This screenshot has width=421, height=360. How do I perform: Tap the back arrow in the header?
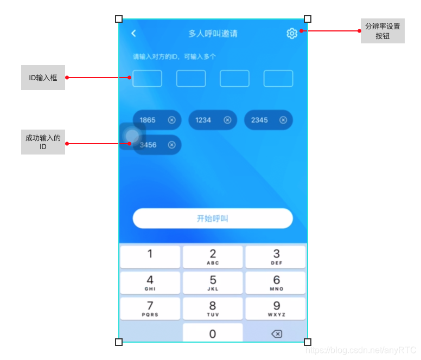[x=133, y=33]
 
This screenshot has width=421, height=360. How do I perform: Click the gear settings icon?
[x=292, y=33]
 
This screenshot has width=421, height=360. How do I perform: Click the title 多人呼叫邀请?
[x=213, y=34]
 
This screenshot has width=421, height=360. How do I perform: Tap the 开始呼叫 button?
[x=213, y=218]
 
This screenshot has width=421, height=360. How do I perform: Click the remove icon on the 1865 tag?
[x=172, y=120]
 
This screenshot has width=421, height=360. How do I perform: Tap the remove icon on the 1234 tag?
[x=227, y=120]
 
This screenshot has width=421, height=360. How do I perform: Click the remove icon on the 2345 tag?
[x=283, y=120]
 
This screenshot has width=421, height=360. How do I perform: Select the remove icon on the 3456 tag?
[x=172, y=145]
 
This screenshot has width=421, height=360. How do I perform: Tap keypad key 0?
[x=213, y=333]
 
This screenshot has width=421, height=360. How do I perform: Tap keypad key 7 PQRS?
[x=150, y=308]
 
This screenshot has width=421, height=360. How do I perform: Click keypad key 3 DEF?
[x=276, y=257]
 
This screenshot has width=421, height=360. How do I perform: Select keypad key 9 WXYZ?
[x=276, y=308]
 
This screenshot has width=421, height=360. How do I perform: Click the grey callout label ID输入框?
[x=43, y=78]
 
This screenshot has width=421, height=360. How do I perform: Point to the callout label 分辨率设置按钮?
[x=382, y=31]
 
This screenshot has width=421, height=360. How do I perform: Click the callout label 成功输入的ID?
[x=43, y=142]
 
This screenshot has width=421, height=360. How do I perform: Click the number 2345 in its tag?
[x=259, y=120]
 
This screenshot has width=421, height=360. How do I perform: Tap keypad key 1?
[x=150, y=257]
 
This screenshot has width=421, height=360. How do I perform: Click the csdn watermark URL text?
[x=361, y=350]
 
